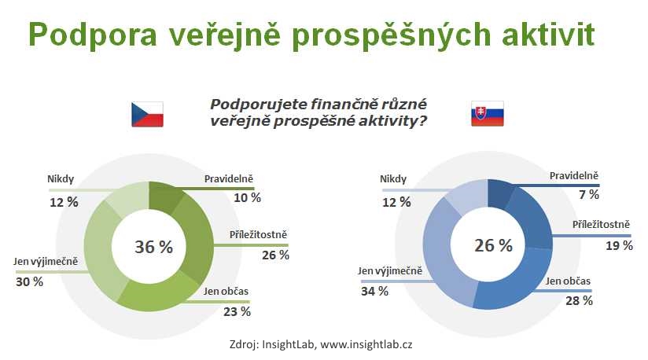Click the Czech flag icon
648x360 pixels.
[147, 114]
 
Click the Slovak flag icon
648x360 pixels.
[488, 113]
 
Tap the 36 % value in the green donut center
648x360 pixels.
[153, 247]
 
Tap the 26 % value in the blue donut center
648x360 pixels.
[493, 245]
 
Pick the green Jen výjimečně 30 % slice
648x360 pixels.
[102, 252]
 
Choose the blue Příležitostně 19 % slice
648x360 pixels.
[533, 219]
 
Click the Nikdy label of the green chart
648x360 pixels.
[61, 179]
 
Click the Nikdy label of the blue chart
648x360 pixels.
[393, 179]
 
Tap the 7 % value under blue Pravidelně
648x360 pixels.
[589, 194]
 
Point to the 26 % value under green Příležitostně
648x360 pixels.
[275, 255]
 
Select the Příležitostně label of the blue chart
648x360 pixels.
[601, 225]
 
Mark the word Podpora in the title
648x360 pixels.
[93, 35]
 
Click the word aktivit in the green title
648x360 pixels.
[548, 34]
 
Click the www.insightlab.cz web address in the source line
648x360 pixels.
[366, 344]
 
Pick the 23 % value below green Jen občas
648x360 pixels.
[237, 312]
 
